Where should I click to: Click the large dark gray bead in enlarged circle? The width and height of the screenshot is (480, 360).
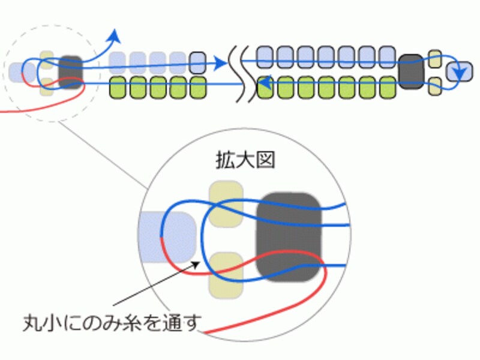coord(290,236)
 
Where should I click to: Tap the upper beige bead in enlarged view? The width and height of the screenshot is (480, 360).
coord(225,205)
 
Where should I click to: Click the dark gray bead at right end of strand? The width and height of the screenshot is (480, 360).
coord(411,71)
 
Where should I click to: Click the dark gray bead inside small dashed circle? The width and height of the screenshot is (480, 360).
coord(71,71)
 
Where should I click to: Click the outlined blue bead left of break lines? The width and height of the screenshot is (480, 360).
coord(197,59)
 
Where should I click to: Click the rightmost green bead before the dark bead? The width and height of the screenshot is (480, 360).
coord(386,87)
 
